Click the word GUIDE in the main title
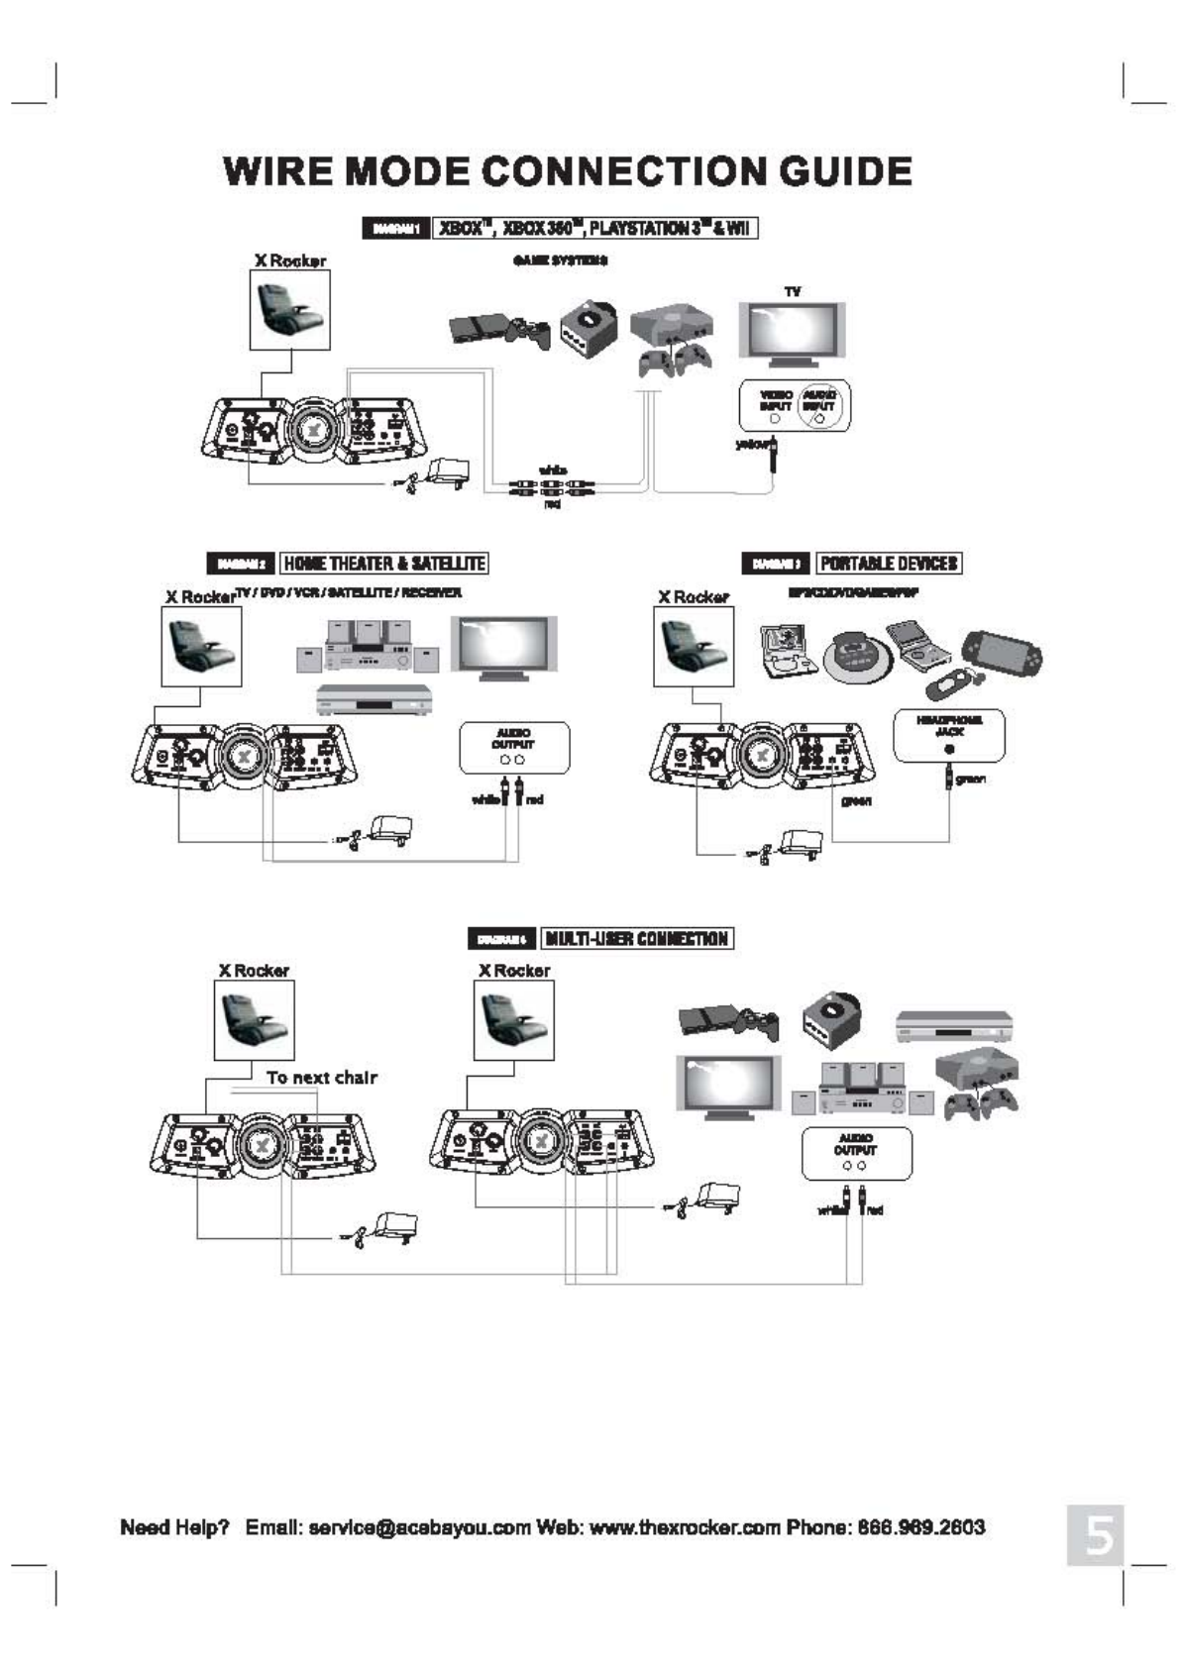pyautogui.click(x=844, y=171)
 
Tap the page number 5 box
pyautogui.click(x=1096, y=1535)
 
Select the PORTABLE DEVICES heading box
pyautogui.click(x=889, y=564)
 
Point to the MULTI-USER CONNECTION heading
pyautogui.click(x=638, y=938)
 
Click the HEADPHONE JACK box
pyautogui.click(x=948, y=734)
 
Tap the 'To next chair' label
pyautogui.click(x=321, y=1078)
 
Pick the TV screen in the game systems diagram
pyautogui.click(x=791, y=330)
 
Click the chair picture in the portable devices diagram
pyautogui.click(x=694, y=646)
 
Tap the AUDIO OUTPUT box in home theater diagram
pyautogui.click(x=513, y=747)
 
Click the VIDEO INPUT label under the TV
pyautogui.click(x=775, y=400)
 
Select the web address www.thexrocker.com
pyautogui.click(x=685, y=1526)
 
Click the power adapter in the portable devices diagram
pyautogui.click(x=799, y=843)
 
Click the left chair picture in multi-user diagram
pyautogui.click(x=254, y=1020)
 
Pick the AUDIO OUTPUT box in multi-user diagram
pyautogui.click(x=855, y=1152)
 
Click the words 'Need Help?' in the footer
pyautogui.click(x=174, y=1526)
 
